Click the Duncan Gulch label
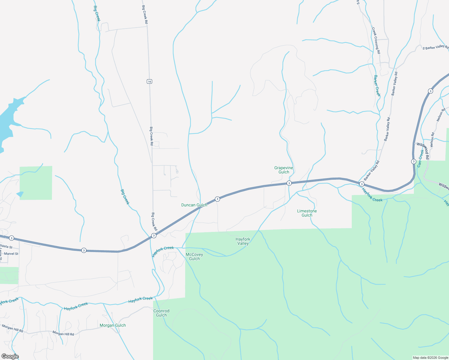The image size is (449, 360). point(194,205)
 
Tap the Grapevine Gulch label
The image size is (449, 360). point(284,170)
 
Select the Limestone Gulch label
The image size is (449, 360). point(307,213)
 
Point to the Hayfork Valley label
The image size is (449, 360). point(243,241)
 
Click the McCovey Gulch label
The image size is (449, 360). point(194,256)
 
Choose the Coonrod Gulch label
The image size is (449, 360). point(161,313)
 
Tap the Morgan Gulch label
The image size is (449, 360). point(113,325)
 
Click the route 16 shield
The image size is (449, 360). point(149,81)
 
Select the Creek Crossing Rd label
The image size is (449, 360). point(376,40)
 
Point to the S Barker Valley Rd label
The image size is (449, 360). point(435,48)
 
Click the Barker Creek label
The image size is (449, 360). point(377,85)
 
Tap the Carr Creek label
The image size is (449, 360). point(420,158)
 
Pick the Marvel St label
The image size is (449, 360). point(11,254)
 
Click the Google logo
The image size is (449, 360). point(10,356)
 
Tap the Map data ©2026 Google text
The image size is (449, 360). point(430,358)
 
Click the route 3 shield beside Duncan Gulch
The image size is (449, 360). point(217,199)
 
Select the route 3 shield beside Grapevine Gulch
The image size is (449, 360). point(289,183)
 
